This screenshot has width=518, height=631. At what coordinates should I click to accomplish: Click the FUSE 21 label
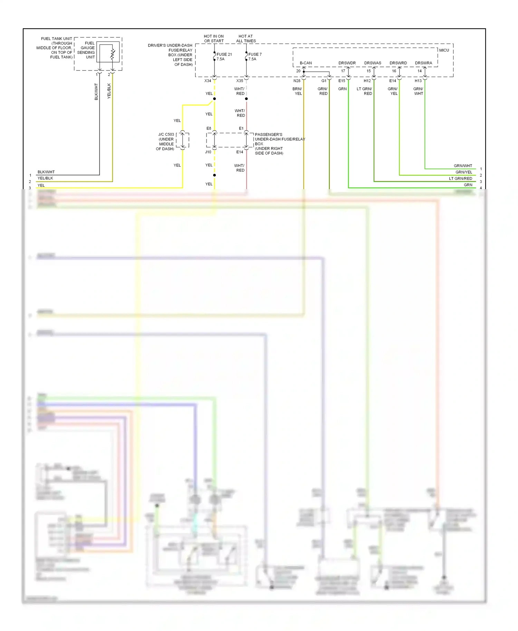tap(224, 55)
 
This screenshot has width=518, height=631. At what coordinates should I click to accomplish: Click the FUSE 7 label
tap(255, 55)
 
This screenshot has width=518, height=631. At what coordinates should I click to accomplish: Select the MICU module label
tap(444, 50)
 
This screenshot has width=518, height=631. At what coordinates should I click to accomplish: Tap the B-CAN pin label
tap(306, 63)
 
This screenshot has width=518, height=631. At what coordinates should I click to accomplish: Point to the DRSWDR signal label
tap(347, 63)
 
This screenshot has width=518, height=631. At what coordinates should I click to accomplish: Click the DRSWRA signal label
tap(423, 63)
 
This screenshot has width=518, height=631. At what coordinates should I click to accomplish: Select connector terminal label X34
tap(208, 81)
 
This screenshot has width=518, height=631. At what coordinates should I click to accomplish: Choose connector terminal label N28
tap(297, 81)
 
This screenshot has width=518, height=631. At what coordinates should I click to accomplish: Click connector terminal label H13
tap(418, 81)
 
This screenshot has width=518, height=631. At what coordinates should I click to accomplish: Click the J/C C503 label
tap(166, 135)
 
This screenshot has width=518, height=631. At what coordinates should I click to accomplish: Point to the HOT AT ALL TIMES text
tap(246, 39)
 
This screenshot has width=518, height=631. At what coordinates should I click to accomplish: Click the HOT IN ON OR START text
tap(214, 39)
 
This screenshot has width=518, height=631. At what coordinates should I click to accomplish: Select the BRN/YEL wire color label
tap(297, 91)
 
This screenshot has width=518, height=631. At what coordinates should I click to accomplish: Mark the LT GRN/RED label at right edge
tap(460, 178)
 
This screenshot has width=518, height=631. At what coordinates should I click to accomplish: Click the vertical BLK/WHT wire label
tap(96, 91)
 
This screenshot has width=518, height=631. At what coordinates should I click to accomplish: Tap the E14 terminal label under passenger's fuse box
tap(240, 152)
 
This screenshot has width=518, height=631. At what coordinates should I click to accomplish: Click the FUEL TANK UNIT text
tap(56, 39)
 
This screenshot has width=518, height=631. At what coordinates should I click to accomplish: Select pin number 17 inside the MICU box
tap(343, 71)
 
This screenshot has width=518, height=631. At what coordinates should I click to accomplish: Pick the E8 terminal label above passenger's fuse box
tap(209, 128)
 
